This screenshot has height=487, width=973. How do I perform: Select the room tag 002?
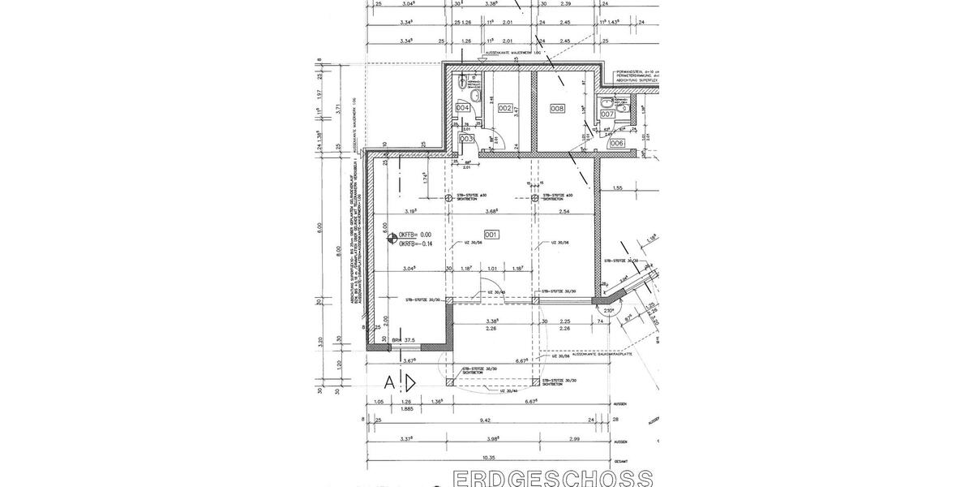(x=504, y=108)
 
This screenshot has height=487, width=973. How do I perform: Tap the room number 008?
(x=557, y=108)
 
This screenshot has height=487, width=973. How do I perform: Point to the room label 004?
(x=463, y=108)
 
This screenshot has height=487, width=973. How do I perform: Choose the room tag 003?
(x=466, y=139)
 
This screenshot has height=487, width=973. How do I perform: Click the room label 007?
(x=607, y=114)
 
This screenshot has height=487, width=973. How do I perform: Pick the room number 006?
(x=616, y=143)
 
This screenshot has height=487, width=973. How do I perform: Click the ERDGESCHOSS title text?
(x=551, y=477)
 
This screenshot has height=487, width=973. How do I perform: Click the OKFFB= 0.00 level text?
(x=417, y=235)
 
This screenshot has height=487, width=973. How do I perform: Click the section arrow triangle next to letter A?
(x=411, y=381)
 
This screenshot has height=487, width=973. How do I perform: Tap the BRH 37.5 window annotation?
(x=403, y=340)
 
